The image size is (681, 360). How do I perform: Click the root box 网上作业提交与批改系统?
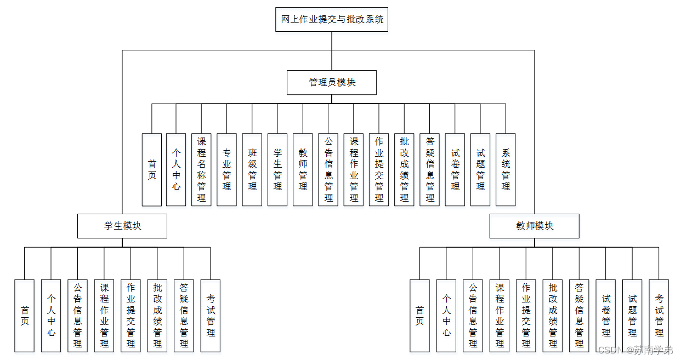[332, 20]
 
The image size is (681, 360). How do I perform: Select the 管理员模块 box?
[332, 83]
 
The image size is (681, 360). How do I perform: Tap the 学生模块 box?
[122, 226]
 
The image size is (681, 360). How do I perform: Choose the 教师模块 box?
[535, 226]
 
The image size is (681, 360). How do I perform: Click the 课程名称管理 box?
[201, 169]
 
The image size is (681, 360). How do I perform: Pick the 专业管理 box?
[226, 169]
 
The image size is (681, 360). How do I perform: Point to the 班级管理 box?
[252, 169]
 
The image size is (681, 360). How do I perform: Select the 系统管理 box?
[506, 169]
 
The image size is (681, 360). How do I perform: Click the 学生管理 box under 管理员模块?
[277, 169]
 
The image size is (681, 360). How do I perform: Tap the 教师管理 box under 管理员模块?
[303, 169]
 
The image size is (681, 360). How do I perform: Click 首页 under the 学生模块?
[25, 316]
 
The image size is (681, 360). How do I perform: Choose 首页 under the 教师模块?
[420, 316]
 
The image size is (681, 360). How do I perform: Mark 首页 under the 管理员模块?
[152, 169]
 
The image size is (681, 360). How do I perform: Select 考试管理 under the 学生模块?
[211, 316]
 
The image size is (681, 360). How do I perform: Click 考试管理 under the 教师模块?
[659, 316]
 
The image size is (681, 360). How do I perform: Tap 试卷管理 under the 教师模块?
[606, 316]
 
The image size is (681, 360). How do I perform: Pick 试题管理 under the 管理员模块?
[480, 169]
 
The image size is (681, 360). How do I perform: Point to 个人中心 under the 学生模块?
[51, 316]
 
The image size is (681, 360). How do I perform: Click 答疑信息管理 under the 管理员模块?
[430, 169]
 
